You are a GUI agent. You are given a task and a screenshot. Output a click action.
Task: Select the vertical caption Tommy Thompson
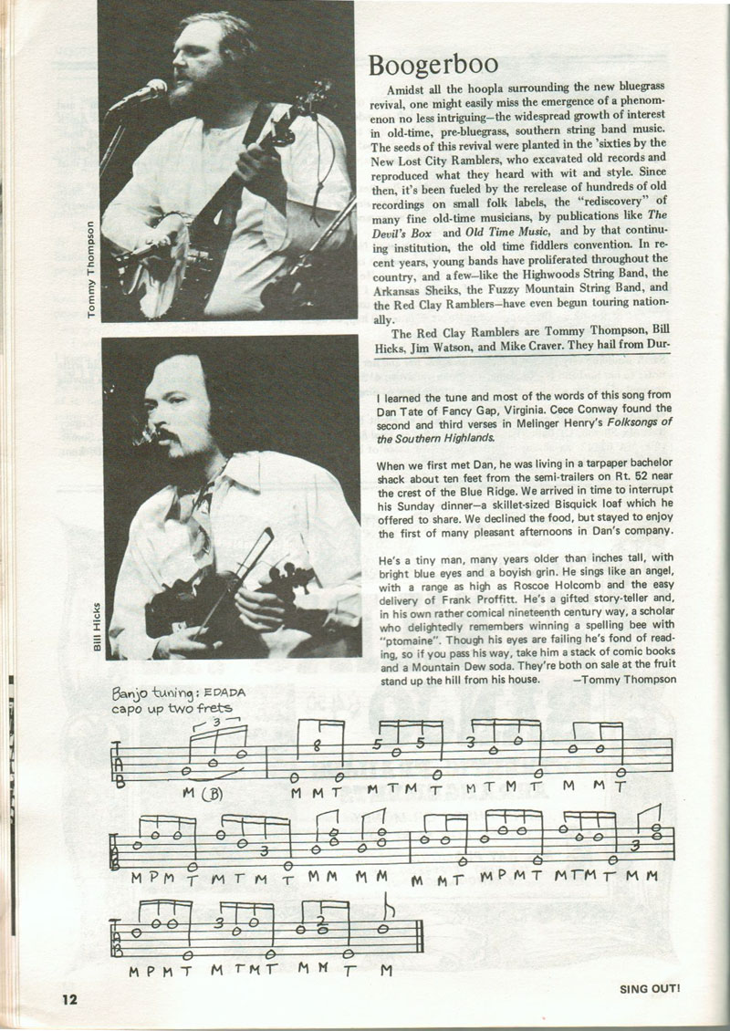click(x=89, y=270)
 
